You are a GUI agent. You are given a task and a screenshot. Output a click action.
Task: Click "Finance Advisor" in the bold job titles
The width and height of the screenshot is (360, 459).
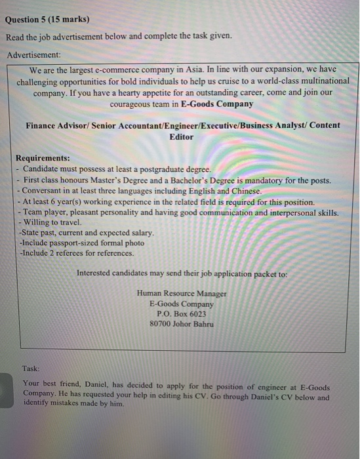(x=56, y=125)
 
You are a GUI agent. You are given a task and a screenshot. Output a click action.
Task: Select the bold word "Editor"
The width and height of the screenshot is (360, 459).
(x=182, y=136)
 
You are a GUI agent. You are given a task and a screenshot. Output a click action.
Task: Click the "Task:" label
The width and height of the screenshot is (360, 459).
(x=31, y=369)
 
